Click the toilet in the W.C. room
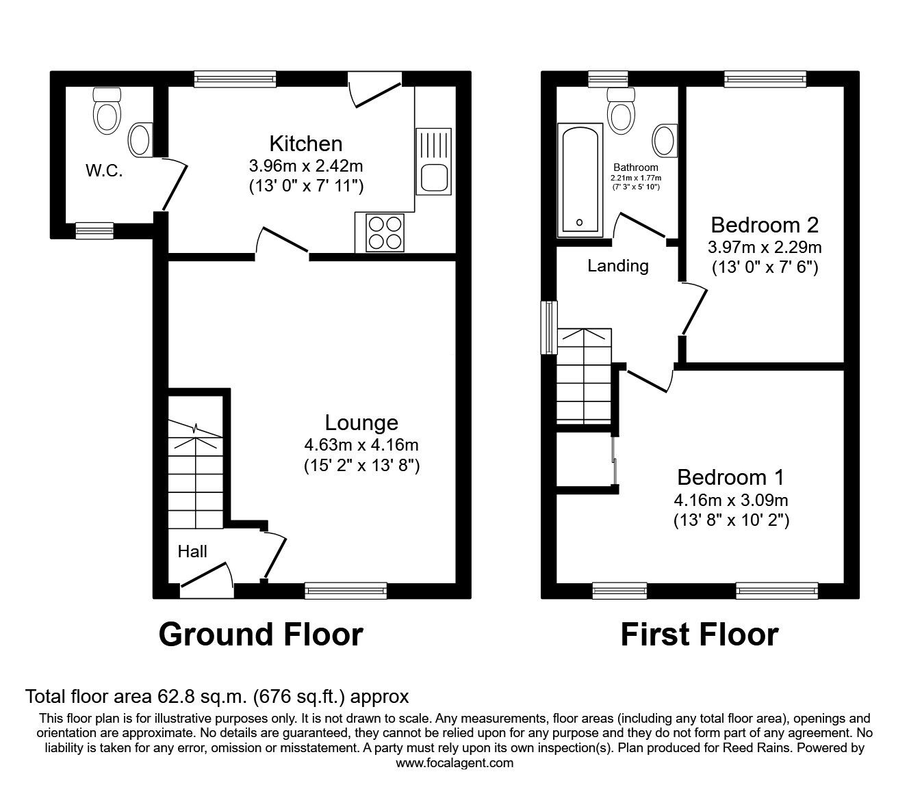[x=107, y=111]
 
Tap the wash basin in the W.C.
[x=140, y=139]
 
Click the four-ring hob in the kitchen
[x=385, y=232]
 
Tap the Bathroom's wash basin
[x=665, y=140]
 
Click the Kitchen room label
[x=305, y=144]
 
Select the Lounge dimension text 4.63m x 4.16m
[x=361, y=445]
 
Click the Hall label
[x=192, y=551]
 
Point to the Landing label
[x=618, y=266]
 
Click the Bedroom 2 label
[x=765, y=224]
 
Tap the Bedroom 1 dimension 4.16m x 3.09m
[x=731, y=500]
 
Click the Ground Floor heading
[x=260, y=635]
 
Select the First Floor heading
[x=699, y=635]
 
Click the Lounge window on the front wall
[x=346, y=590]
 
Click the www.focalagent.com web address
[x=454, y=763]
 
